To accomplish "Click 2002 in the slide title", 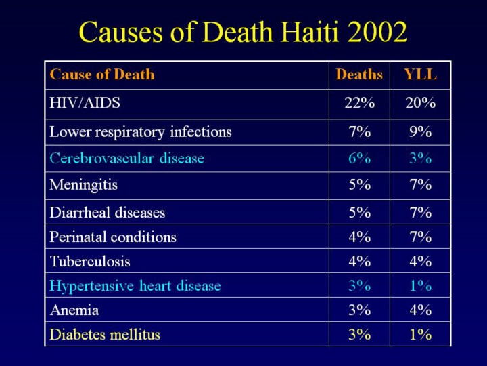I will point(377,32).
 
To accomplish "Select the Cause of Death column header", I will point(102,75).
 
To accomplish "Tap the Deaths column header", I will point(359,75).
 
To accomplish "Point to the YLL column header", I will point(420,75).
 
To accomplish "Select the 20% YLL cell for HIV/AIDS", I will point(420,104).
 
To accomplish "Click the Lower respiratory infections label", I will point(141,132).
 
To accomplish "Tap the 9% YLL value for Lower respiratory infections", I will point(420,132).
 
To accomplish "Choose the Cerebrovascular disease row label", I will point(126,159).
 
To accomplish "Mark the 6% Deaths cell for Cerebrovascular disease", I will point(359,159).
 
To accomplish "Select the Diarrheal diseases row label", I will point(108,213).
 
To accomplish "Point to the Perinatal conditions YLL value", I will point(420,237).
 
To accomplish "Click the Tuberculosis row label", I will point(90,262).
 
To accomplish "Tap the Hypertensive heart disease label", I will point(135,286).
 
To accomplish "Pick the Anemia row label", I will point(74,310).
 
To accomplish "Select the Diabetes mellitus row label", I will point(105,334).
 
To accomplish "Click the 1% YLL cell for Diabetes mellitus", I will point(420,334).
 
